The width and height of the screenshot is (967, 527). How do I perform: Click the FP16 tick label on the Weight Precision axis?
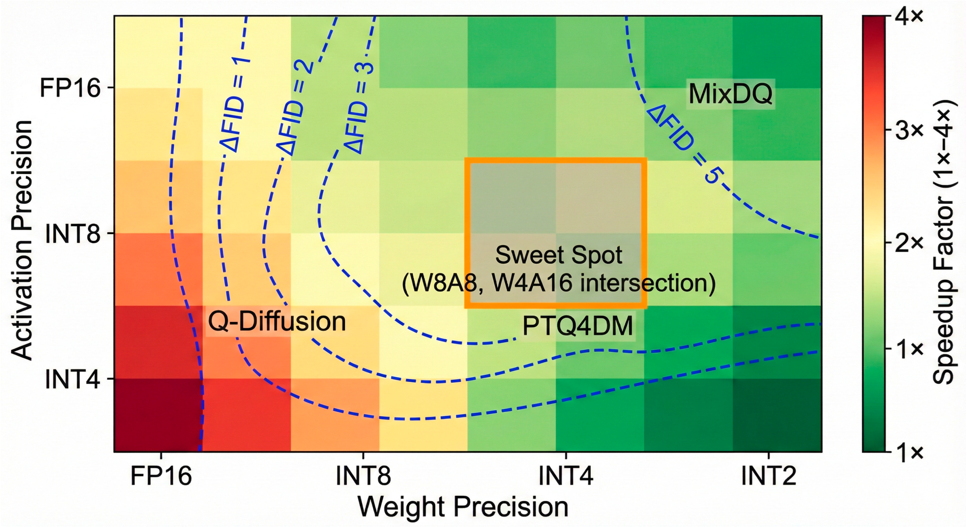pos(161,476)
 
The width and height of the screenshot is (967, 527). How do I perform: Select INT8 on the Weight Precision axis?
pos(363,476)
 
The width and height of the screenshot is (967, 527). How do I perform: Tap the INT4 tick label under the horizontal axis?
pos(566,476)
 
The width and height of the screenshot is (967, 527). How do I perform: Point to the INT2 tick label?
pos(768,476)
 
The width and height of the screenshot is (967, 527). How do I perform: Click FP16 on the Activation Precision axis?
pos(70,88)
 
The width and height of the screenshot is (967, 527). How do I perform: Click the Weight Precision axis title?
pos(463,507)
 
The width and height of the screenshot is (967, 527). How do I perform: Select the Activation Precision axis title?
pos(22,240)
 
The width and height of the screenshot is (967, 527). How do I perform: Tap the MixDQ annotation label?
pos(731,94)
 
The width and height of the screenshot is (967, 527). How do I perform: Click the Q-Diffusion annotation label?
pos(277,321)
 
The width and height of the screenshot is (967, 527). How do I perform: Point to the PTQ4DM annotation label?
pos(577,326)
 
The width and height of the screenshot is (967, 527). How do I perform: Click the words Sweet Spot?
pos(558,255)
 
